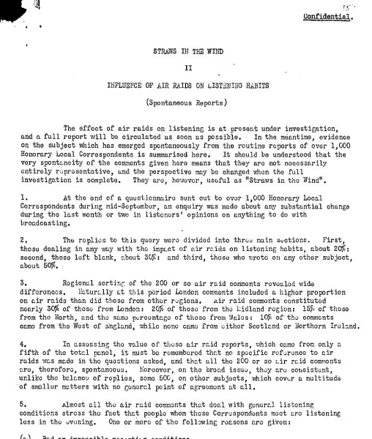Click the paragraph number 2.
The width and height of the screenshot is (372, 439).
tap(24, 240)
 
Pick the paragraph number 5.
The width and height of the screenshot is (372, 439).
tap(24, 403)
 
